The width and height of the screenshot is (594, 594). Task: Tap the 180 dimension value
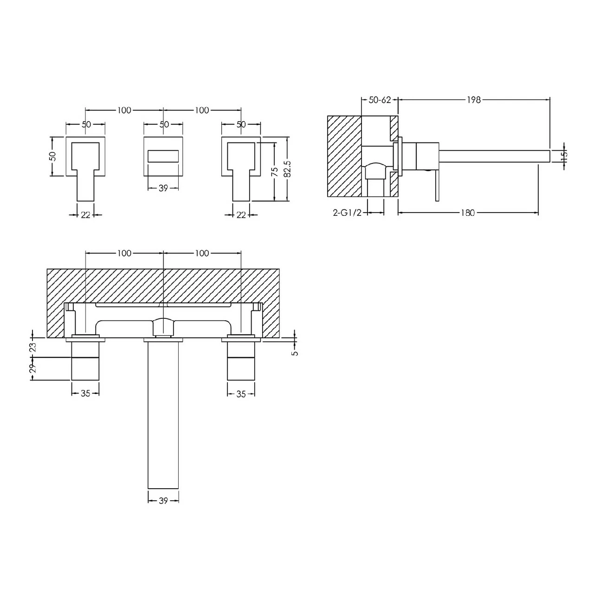(468, 213)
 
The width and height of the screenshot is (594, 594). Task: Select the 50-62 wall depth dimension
(380, 99)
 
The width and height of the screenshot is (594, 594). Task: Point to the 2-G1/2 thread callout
(346, 213)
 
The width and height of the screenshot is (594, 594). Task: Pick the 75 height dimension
(275, 172)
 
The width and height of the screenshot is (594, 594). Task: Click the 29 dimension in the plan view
(32, 369)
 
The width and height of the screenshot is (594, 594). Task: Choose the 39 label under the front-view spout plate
(163, 188)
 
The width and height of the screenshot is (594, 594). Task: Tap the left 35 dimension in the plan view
(85, 394)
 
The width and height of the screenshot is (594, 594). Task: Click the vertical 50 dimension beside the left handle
(52, 156)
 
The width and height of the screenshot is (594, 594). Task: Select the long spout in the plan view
(163, 413)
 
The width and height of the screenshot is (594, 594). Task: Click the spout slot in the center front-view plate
(163, 156)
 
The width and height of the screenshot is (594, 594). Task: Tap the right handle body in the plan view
(241, 362)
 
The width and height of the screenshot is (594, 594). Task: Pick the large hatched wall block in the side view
(344, 156)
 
